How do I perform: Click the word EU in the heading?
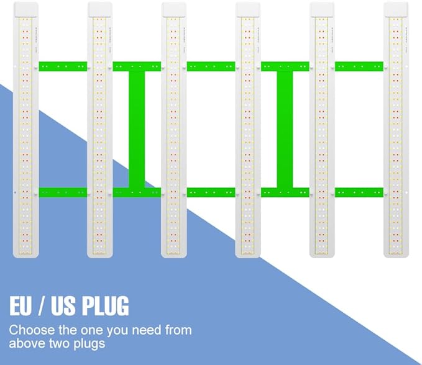click(20, 305)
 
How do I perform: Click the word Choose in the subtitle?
click(32, 330)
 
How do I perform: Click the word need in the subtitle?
click(147, 330)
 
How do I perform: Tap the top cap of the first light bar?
click(26, 9)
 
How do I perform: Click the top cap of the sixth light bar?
click(396, 9)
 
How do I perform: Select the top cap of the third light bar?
click(174, 9)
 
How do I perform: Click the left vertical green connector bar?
click(137, 129)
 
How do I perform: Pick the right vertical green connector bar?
click(285, 129)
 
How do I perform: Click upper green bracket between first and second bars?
click(63, 66)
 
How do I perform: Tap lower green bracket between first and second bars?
click(63, 192)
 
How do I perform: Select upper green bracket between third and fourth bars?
click(211, 66)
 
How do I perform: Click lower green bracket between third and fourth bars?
click(211, 192)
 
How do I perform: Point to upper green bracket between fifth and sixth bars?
click(359, 66)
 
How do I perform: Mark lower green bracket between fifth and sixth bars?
click(359, 192)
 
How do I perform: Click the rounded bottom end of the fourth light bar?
click(248, 256)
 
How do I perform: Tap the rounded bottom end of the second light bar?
click(100, 256)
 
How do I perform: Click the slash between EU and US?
click(41, 305)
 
